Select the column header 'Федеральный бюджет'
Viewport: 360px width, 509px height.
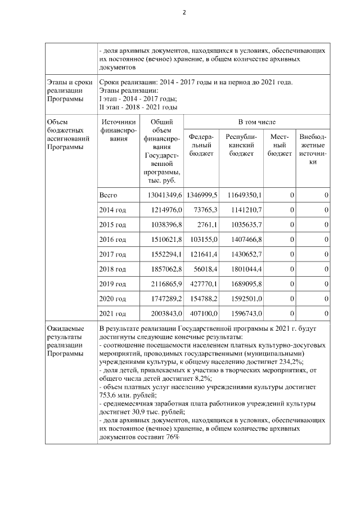200,145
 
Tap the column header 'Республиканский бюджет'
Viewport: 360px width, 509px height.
241,145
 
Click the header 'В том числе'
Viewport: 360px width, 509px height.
256,121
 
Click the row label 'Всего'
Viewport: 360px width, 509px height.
108,195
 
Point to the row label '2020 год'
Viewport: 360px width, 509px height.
112,299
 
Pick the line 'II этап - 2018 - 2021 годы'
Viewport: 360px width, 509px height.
138,106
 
